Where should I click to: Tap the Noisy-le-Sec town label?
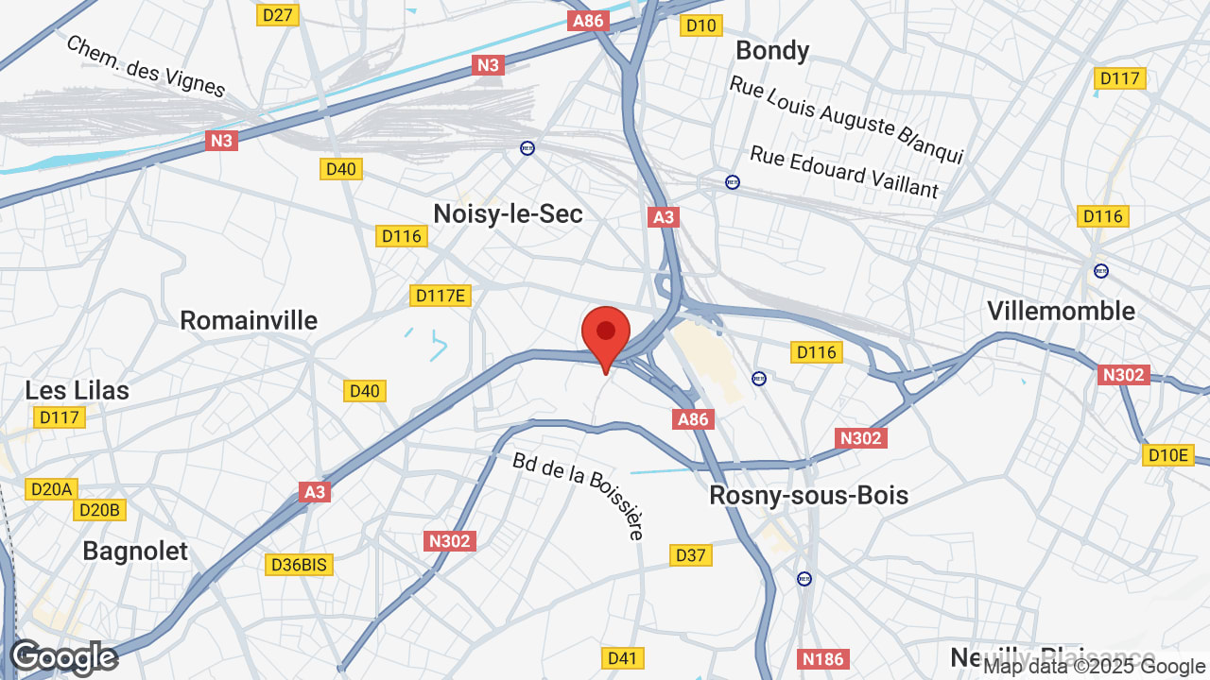click(508, 213)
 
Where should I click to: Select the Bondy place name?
click(772, 50)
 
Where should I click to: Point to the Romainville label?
click(249, 320)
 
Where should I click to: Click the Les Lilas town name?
click(78, 390)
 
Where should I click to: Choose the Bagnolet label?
click(135, 551)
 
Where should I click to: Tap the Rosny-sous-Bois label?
click(808, 495)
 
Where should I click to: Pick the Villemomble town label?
click(1061, 311)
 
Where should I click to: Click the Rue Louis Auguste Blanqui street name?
click(846, 119)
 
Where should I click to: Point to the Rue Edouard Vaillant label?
click(844, 172)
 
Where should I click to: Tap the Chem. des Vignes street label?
click(146, 66)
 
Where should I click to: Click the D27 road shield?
click(278, 15)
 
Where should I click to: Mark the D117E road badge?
click(441, 296)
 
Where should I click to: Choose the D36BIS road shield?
click(299, 565)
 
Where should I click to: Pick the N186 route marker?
click(822, 659)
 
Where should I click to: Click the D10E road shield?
click(1167, 455)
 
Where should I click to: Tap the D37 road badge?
click(691, 555)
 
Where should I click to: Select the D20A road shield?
click(51, 489)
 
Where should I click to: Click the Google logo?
click(63, 657)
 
